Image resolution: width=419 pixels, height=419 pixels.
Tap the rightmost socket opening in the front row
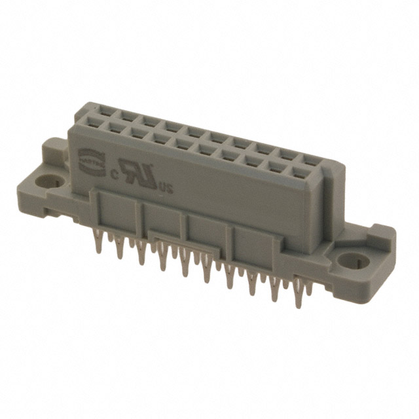(x=299, y=172)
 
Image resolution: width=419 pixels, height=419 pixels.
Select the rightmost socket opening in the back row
(x=307, y=158)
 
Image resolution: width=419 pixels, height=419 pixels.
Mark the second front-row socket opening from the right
(x=276, y=166)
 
